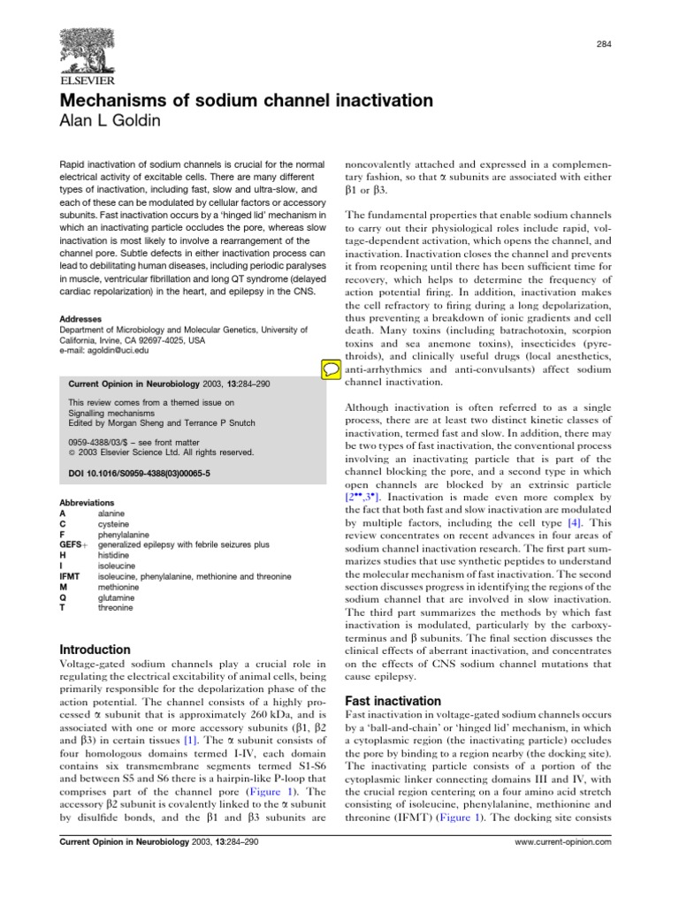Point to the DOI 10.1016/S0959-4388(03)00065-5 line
pos(139,474)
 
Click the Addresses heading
pos(79,318)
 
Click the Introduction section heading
pos(95,624)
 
